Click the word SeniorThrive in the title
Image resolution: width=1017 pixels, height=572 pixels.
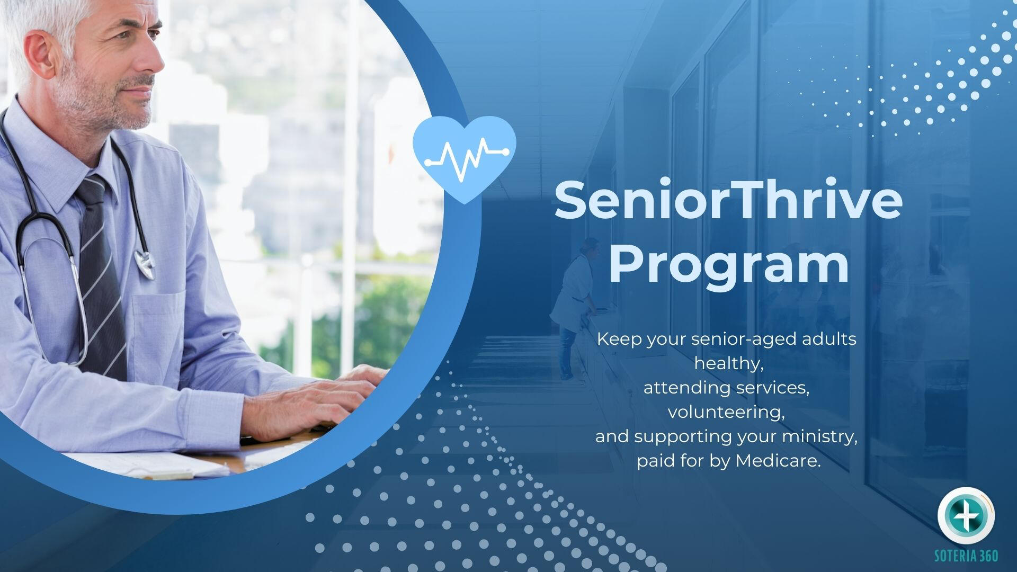coord(728,200)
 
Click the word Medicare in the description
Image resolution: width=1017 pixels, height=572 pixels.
coord(778,461)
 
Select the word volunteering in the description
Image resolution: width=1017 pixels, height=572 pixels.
coord(726,413)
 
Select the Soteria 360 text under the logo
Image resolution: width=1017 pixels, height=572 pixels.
coord(966,556)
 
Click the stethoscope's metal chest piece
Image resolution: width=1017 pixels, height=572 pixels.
coord(145,263)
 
